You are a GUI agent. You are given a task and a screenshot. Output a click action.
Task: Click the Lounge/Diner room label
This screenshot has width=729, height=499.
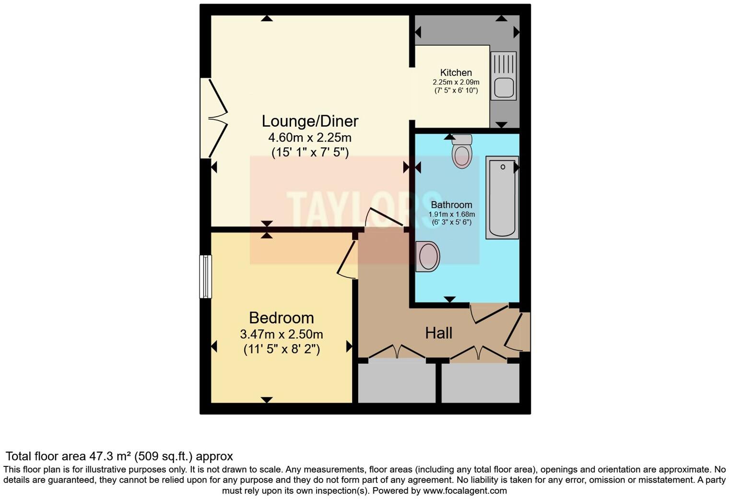(310, 121)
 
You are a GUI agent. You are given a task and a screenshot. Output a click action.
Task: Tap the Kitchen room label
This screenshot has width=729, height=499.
(456, 72)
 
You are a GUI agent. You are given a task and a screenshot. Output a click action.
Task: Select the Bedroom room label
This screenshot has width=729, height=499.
(282, 318)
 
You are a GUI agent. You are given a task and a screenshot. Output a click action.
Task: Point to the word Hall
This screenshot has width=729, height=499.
(439, 333)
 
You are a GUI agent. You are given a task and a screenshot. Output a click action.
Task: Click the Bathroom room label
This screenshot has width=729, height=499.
(451, 205)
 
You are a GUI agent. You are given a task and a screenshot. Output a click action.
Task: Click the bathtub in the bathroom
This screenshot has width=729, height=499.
(502, 197)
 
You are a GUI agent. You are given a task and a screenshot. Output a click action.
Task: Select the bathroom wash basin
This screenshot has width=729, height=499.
(428, 256)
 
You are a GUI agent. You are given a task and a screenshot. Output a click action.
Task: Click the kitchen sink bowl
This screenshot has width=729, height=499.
(504, 88)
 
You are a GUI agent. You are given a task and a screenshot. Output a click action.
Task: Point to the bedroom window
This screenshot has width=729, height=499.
(206, 276)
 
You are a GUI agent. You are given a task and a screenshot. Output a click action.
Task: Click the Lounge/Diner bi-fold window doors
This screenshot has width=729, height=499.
(214, 118)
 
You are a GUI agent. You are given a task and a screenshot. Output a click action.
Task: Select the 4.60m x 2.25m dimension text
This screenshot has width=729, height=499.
(310, 138)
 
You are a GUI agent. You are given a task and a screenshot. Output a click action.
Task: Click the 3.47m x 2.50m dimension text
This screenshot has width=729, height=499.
(282, 334)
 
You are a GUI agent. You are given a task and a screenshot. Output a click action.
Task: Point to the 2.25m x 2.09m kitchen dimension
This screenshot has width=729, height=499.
(456, 82)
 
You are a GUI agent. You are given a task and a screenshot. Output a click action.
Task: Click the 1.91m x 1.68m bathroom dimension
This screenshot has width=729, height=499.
(451, 214)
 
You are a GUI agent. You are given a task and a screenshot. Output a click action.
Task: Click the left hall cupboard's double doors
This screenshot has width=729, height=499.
(397, 352)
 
